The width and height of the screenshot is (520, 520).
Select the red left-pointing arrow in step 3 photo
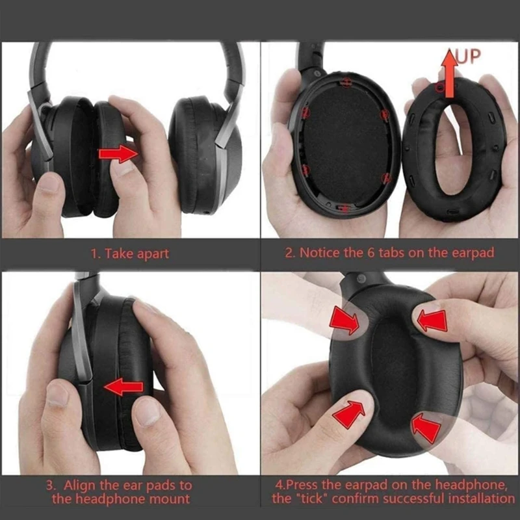123,388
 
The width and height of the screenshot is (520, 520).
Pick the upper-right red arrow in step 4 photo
432,320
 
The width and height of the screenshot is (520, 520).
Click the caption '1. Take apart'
129,253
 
